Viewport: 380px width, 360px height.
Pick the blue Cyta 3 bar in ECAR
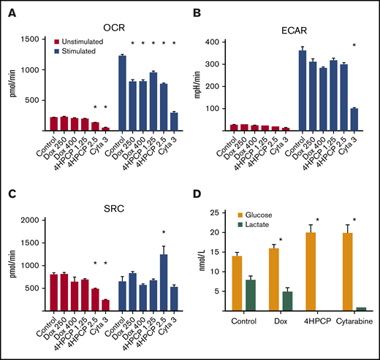pyautogui.click(x=355, y=121)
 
